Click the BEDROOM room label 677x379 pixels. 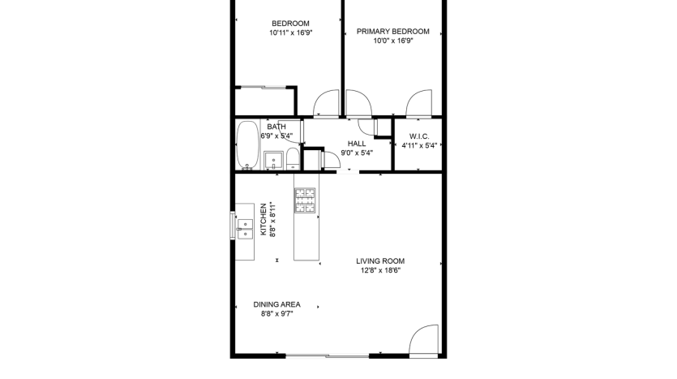[290, 24]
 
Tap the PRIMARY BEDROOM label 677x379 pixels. [393, 31]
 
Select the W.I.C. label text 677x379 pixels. [419, 136]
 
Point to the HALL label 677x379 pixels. [357, 144]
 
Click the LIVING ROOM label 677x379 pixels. [380, 261]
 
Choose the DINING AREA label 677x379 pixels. [276, 304]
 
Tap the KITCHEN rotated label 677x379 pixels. [264, 220]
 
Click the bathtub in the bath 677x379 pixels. [248, 145]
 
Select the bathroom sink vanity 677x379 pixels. [273, 161]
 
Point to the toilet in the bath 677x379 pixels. [293, 159]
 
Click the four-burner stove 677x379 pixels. [305, 200]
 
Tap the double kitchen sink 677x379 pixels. [245, 229]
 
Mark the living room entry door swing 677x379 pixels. [423, 340]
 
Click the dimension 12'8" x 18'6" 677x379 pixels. [380, 270]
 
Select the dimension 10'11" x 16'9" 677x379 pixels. [290, 32]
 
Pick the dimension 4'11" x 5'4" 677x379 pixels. [419, 145]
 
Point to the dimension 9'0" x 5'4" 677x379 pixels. [357, 153]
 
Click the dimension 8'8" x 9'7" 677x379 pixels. [276, 314]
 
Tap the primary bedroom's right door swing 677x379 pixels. [419, 104]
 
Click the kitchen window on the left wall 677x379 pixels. [233, 225]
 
